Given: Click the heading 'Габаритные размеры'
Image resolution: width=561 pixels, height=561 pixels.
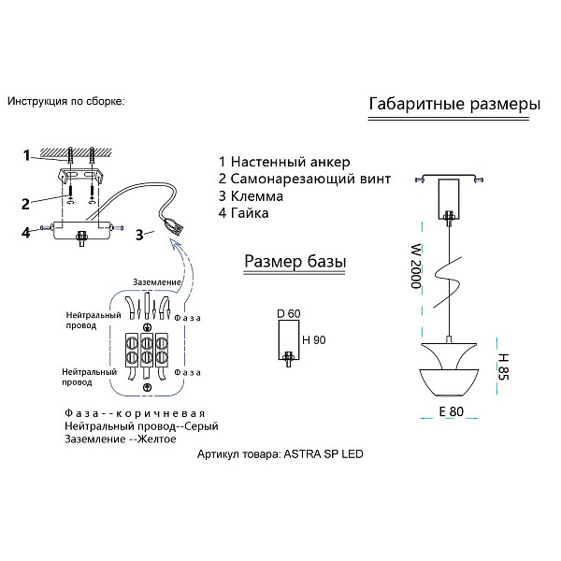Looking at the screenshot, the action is point(454,105).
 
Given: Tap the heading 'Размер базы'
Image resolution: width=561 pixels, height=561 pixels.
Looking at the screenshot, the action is point(295,262).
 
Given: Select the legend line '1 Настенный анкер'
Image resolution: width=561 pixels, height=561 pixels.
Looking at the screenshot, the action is point(284,162).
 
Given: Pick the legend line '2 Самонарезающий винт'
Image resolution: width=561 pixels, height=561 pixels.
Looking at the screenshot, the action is point(305,179).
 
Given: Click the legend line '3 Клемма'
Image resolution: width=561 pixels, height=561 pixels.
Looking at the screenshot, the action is point(251,196).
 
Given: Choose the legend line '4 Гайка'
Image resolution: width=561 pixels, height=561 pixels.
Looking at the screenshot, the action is point(244,213).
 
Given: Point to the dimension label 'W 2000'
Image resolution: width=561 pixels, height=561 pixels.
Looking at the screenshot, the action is point(416,266).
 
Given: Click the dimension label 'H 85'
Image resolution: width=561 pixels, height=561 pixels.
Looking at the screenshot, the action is point(503,367).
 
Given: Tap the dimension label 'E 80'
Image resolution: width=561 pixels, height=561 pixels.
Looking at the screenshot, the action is point(452,411).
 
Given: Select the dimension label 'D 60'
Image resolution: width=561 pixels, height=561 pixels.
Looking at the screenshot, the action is point(289,314).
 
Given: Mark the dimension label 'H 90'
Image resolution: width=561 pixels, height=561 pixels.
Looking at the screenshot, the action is point(314,340).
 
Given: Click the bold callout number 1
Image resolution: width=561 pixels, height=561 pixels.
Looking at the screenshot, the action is point(26,156).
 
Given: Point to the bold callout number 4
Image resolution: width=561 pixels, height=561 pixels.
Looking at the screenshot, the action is point(26,233).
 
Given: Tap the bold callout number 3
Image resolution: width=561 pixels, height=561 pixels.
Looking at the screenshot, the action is point(139,235).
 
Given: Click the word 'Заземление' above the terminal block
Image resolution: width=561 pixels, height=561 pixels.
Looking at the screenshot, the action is point(157,282).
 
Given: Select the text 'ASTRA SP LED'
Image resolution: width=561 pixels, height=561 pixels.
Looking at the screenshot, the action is point(324,454).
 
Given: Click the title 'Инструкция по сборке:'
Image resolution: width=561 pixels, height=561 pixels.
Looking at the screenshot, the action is point(66,101).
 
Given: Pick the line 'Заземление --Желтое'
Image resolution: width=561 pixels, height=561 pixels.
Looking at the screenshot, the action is point(121,439).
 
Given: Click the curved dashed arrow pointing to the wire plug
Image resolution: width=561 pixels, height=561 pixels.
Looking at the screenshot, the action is point(186,266).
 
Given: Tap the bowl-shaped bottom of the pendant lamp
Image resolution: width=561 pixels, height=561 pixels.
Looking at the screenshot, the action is point(449,382).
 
